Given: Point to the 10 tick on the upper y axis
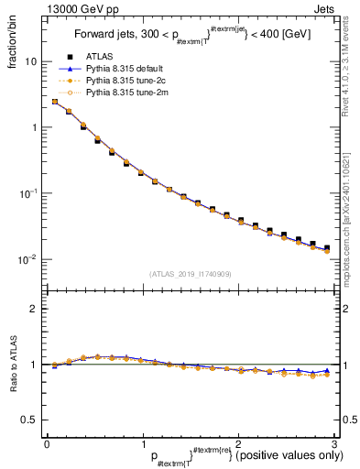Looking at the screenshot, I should point(29,61).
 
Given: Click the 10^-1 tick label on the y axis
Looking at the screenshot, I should point(28,193).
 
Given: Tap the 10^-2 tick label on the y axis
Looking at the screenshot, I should point(28,259).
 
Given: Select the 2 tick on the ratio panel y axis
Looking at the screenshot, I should point(31,309).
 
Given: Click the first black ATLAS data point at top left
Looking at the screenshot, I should point(55,102).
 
